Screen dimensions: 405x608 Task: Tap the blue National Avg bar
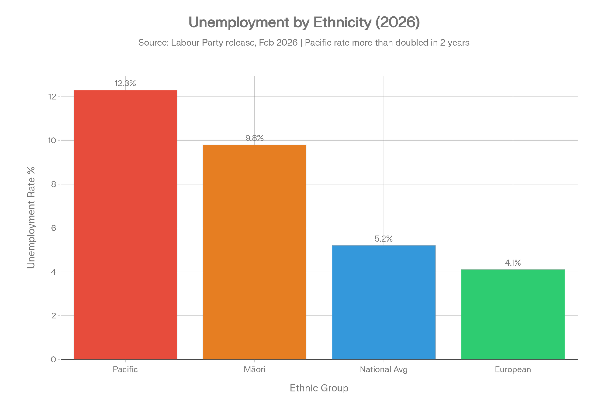[384, 302]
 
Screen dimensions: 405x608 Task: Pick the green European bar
[513, 314]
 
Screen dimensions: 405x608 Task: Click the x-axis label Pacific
[125, 369]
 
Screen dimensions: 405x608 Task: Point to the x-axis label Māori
[254, 369]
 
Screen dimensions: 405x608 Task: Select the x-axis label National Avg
[383, 369]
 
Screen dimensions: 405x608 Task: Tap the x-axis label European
[513, 369]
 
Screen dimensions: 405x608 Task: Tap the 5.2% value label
[384, 239]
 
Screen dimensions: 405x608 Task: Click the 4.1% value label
[513, 263]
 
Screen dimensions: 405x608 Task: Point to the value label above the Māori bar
[254, 138]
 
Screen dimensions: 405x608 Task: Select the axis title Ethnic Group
[319, 388]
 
